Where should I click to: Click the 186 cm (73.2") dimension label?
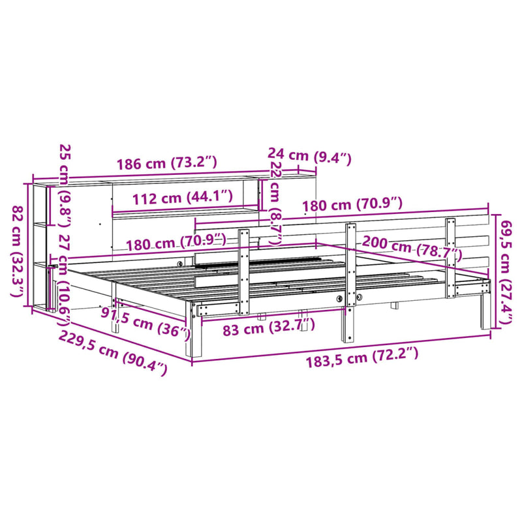point(166,164)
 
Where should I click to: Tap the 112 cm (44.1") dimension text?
point(182,196)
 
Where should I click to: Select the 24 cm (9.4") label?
point(309,156)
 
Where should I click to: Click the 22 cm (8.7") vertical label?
point(275,199)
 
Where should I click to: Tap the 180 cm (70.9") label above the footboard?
point(352,206)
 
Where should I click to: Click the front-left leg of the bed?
point(195,333)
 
